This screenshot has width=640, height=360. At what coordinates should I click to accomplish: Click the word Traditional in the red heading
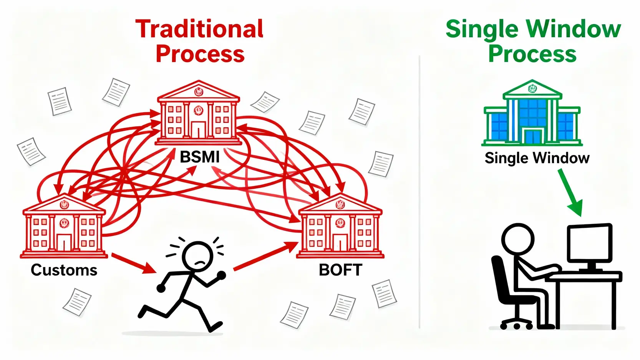[199, 29]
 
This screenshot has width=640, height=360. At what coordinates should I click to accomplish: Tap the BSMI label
[200, 157]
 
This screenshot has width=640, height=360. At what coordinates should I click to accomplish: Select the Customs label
[64, 270]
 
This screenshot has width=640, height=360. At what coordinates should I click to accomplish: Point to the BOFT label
[340, 270]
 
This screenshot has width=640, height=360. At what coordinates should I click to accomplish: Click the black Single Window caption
[537, 158]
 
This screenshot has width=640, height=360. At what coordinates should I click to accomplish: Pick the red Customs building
[64, 226]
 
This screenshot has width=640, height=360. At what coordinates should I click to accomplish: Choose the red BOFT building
[340, 226]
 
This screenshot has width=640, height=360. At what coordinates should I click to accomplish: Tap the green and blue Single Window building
[532, 113]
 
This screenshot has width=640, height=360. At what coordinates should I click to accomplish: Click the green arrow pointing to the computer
[570, 193]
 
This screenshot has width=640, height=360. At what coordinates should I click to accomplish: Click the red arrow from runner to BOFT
[266, 256]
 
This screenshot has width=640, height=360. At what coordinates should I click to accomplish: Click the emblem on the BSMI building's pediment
[198, 92]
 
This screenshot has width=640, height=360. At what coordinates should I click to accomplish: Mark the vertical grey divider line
[419, 192]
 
